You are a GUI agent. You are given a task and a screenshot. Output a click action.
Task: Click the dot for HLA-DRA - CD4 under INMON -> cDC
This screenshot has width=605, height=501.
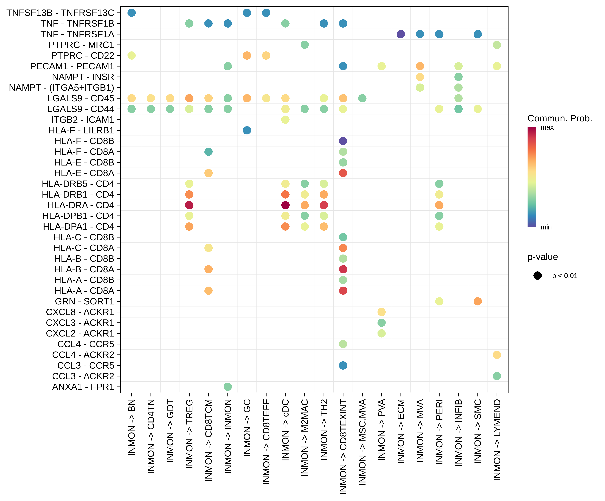point(285,205)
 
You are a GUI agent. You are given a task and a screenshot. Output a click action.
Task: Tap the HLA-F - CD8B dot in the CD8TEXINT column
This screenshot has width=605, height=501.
point(343,141)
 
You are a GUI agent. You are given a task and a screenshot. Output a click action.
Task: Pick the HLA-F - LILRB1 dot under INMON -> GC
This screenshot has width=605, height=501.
point(247,130)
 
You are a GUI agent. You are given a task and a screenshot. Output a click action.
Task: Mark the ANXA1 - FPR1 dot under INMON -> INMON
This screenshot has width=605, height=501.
point(228,387)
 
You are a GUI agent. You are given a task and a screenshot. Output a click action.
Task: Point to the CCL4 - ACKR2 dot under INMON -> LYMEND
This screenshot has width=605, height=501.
point(497,355)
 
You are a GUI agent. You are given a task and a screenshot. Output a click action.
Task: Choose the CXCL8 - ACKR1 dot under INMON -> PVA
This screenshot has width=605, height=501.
point(381,312)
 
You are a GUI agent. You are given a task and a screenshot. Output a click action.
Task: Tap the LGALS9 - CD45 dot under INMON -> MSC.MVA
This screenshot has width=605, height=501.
point(362,98)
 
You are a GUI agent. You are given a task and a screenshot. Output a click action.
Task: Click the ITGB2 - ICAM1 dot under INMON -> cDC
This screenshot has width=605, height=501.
point(285,120)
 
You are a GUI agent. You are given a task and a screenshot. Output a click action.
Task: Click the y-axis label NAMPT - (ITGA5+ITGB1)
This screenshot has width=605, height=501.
point(61,88)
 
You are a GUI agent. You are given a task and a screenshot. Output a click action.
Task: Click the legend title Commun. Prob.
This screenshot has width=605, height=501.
point(559,118)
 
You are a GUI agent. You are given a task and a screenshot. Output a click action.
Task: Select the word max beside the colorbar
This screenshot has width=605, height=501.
point(547,127)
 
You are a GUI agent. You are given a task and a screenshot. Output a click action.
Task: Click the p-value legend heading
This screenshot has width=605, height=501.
point(542,257)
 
